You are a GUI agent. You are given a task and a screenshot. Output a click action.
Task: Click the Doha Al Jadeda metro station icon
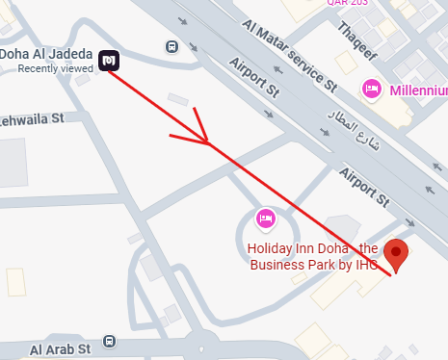(x=108, y=61)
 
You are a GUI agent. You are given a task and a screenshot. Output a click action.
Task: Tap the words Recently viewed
(x=56, y=68)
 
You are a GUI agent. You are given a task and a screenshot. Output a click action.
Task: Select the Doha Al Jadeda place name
(x=47, y=52)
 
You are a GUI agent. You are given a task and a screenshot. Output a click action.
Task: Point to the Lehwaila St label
(x=31, y=118)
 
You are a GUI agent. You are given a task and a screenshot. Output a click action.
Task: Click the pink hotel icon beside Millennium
(x=371, y=90)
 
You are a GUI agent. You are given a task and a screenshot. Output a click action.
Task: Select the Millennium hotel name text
(x=417, y=90)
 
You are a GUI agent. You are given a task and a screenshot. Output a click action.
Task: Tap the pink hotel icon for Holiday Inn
(x=266, y=219)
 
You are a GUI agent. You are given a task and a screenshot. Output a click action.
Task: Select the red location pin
(x=396, y=256)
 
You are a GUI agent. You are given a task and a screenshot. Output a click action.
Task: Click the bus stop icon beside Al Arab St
(x=109, y=342)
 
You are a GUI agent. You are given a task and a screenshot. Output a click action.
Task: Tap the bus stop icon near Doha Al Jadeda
(x=171, y=46)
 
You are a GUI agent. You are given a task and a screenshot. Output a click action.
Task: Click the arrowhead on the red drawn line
(x=204, y=141)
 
